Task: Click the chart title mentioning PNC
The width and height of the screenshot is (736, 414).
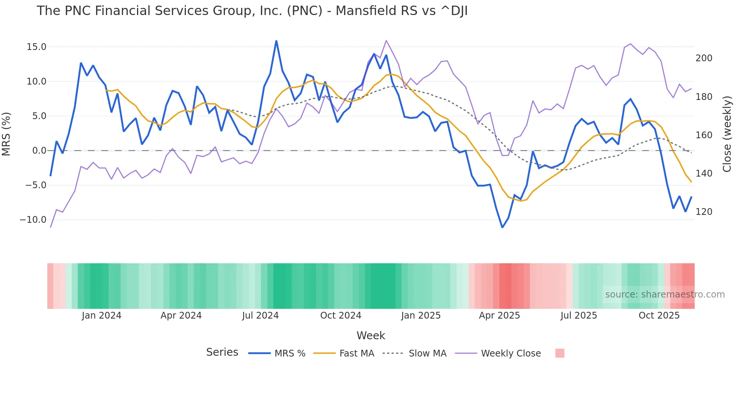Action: tap(252, 11)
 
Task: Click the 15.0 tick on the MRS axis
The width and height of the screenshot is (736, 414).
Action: tap(36, 47)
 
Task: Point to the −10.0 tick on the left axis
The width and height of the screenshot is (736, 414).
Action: tap(33, 220)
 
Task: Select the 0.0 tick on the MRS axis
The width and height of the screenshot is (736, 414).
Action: tap(39, 151)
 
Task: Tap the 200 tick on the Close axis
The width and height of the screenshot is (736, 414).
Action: tap(704, 58)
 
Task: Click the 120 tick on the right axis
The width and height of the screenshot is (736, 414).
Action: tap(704, 212)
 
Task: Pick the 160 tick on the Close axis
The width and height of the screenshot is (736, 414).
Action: tap(704, 135)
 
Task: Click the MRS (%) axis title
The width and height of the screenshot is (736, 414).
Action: tap(6, 134)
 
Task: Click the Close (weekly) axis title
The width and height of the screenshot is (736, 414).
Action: tap(727, 134)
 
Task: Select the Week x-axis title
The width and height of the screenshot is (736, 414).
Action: tap(371, 335)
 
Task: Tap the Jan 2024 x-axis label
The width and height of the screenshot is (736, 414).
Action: tap(101, 316)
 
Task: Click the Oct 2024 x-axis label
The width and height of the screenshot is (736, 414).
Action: tap(341, 316)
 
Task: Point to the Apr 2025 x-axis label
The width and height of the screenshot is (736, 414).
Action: tap(499, 316)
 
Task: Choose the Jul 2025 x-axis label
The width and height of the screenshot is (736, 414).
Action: tap(579, 316)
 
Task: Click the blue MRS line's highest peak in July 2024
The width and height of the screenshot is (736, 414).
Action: tap(276, 41)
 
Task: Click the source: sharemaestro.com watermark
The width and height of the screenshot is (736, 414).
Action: tap(665, 295)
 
